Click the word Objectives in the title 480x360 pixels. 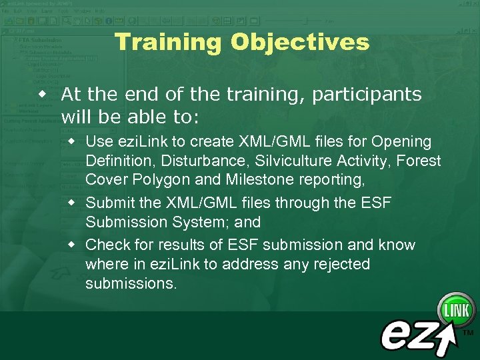coord(300,43)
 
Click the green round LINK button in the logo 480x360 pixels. coord(456,310)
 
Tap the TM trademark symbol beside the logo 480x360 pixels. coord(468,332)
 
